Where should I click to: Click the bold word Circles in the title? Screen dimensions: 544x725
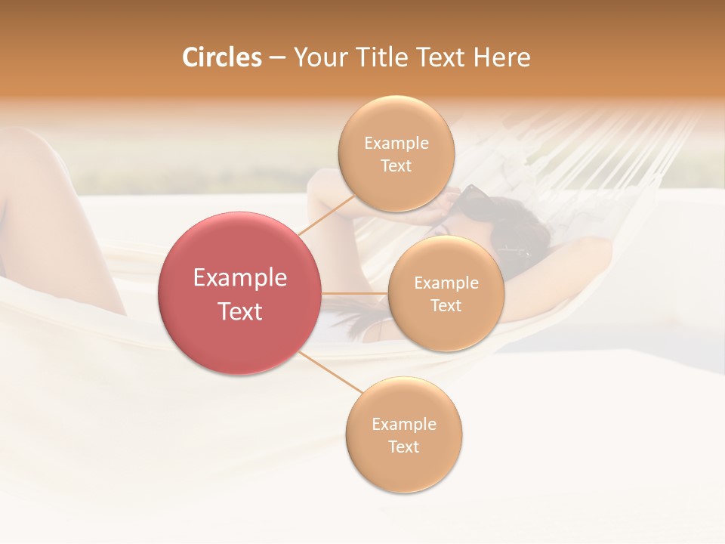tap(221, 57)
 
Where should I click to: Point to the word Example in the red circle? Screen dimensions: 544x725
tap(240, 278)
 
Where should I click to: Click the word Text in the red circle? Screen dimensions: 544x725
tap(240, 311)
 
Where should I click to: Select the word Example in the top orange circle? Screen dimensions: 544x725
tap(396, 144)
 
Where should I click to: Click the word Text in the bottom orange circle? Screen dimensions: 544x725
tap(403, 447)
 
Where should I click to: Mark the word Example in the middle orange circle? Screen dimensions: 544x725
tap(446, 283)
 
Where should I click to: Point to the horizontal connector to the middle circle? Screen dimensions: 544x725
tap(354, 293)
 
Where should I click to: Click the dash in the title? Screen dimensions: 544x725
tap(277, 58)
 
